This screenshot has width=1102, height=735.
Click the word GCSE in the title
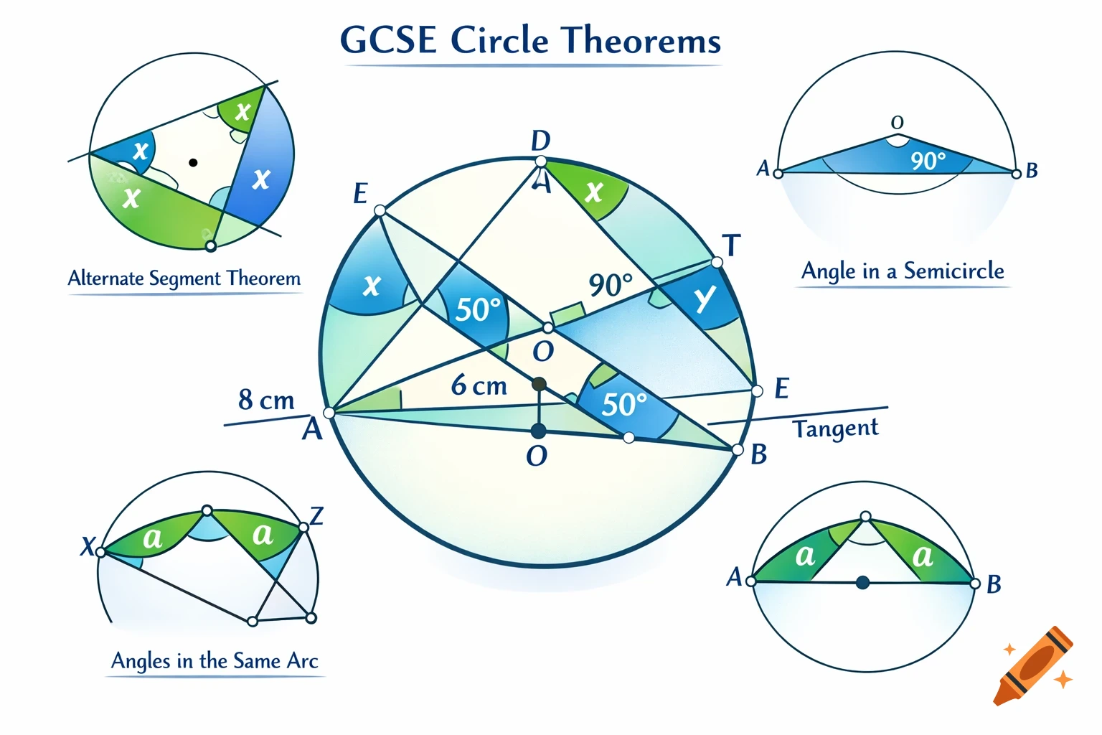pos(387,40)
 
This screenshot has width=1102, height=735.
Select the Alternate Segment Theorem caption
pos(184,278)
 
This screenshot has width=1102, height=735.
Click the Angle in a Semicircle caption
pos(903,271)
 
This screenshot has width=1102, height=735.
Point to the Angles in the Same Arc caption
pos(215,661)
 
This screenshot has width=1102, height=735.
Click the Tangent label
pos(835,429)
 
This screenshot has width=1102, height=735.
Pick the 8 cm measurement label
pos(266,400)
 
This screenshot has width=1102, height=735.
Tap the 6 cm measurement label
pos(479,386)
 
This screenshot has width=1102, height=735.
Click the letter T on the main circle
pos(731,246)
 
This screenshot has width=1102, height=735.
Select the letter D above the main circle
pos(540,141)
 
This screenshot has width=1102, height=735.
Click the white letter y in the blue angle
pos(706,297)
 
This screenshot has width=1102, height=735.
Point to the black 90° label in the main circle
pos(611,285)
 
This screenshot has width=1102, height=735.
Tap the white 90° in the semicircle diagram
pos(928,161)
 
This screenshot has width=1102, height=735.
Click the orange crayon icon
pos(1034,666)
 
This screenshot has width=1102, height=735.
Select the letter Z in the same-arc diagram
pos(316,515)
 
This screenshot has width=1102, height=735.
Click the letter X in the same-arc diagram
pos(88,547)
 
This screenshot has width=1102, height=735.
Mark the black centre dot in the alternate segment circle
pos(193,163)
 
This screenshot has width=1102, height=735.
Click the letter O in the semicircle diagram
pos(897,123)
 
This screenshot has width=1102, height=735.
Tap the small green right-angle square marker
pos(567,314)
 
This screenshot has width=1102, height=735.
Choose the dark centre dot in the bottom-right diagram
pos(863,583)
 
